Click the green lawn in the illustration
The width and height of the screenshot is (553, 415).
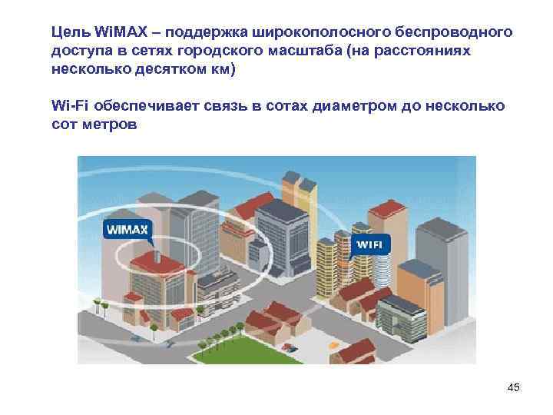pos(230,350)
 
